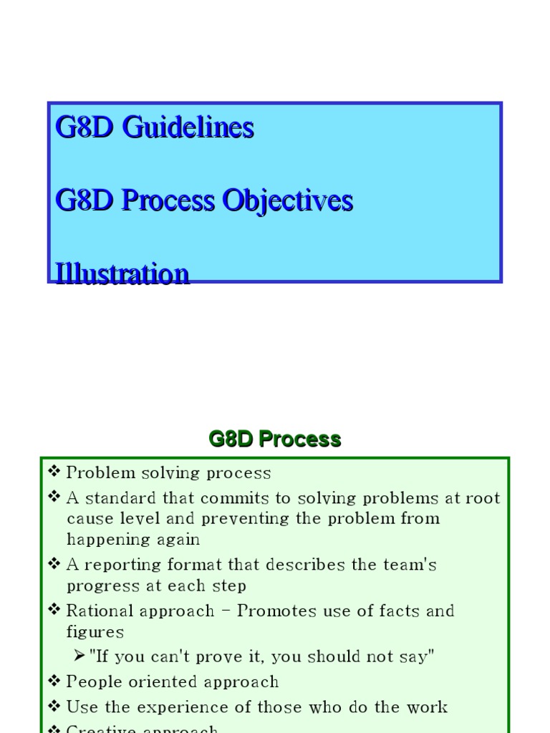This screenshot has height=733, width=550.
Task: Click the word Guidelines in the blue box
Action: pos(188,127)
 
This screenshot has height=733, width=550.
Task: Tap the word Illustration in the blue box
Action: pos(122,273)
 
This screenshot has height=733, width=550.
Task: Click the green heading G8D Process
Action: pos(275,439)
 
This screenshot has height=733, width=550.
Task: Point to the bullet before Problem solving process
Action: pos(54,472)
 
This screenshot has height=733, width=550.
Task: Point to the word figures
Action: pos(95,631)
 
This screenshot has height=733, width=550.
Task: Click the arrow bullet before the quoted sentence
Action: pos(80,656)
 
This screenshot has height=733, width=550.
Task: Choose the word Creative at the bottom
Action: pos(101,729)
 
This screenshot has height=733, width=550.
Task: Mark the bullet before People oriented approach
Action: pos(54,681)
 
